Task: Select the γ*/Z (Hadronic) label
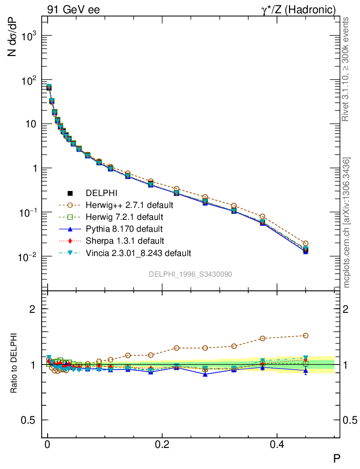click(298, 10)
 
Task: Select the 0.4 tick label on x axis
click(277, 444)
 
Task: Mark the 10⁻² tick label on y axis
click(27, 257)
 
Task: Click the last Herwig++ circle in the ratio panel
click(305, 336)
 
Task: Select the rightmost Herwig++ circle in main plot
click(305, 243)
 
